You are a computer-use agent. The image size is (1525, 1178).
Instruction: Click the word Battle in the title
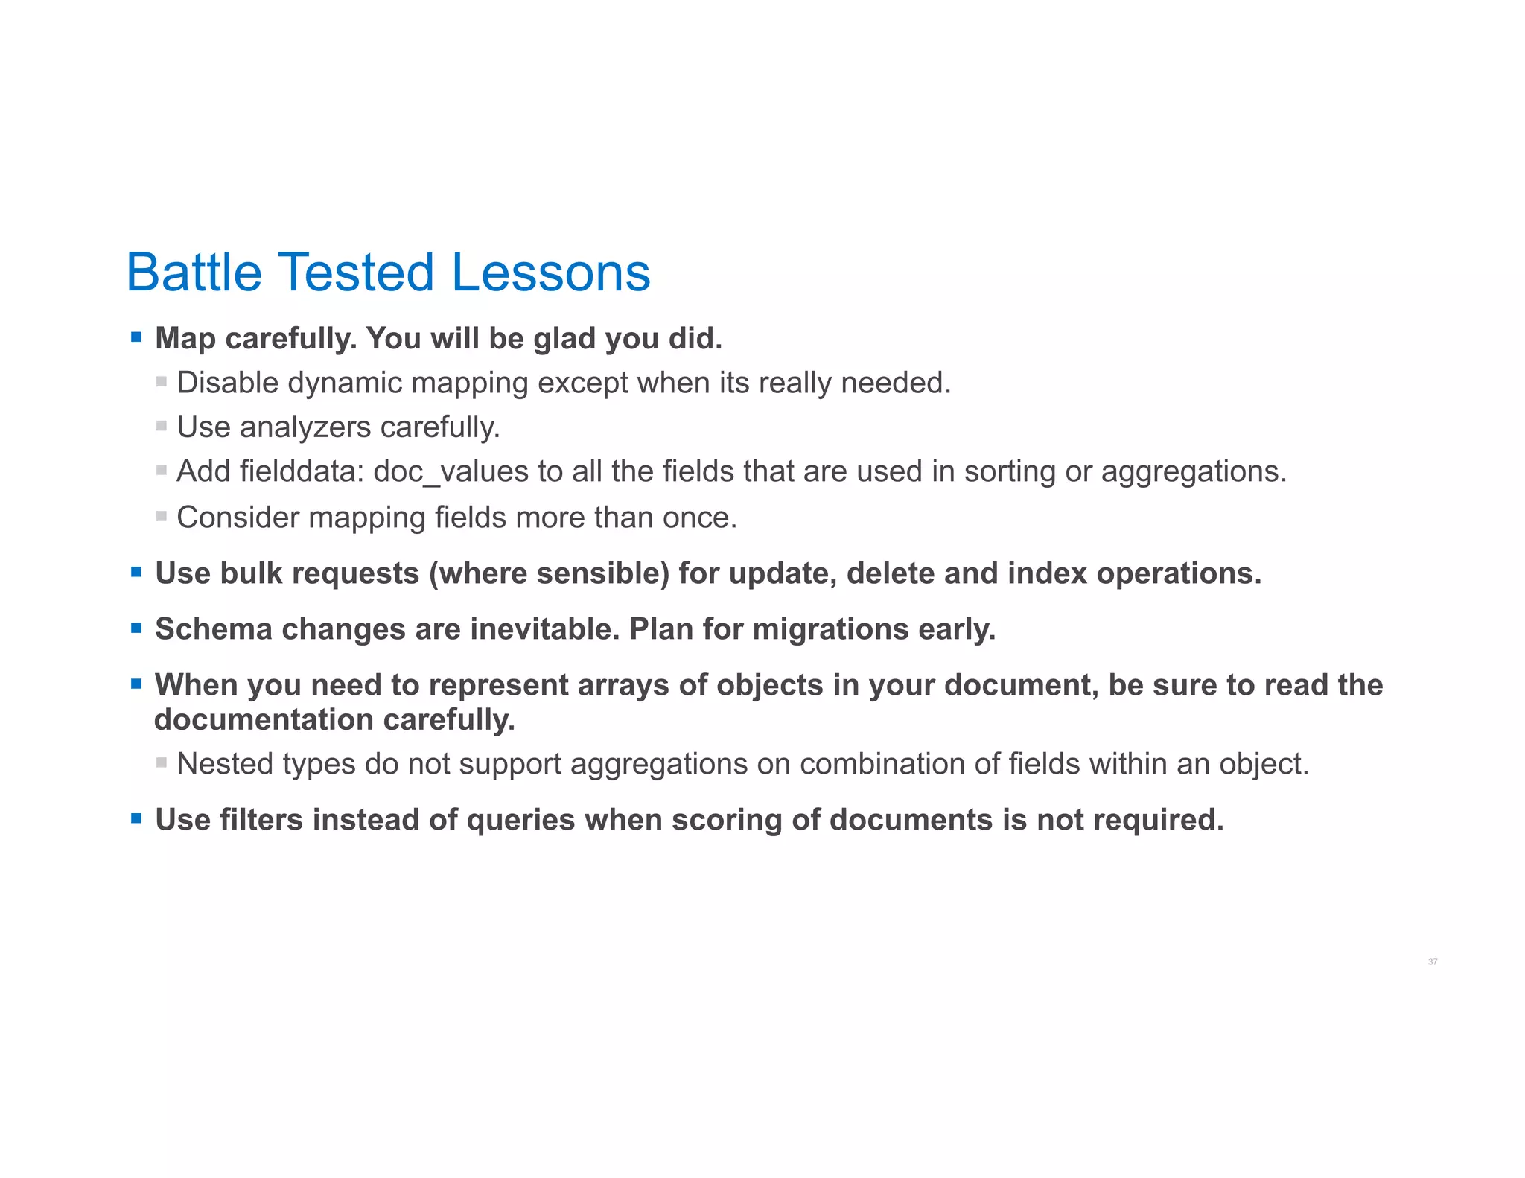[194, 273]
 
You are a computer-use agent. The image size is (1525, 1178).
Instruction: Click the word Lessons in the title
[551, 273]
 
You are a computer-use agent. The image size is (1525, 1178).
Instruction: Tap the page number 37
[1432, 962]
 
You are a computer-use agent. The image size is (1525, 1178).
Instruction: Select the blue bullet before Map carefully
[136, 337]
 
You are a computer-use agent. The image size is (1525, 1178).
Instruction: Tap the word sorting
[1009, 472]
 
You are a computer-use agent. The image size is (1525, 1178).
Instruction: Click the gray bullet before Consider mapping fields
[162, 516]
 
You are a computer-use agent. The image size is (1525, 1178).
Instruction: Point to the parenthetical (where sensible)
[549, 573]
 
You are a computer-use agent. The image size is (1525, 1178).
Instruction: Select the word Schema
[213, 629]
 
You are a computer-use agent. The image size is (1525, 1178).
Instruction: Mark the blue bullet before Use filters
[136, 818]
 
